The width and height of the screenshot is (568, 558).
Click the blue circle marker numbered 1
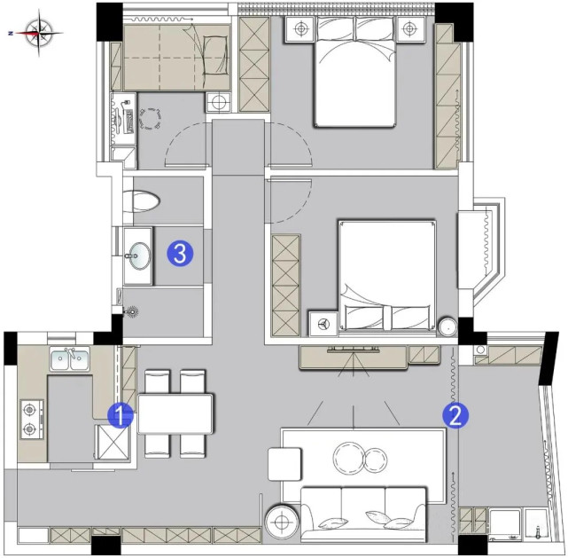121,415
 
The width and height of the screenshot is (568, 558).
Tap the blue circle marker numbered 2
455,415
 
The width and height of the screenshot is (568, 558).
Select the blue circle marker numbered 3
180,254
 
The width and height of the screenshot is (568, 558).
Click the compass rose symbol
39,33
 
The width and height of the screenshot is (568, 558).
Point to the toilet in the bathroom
142,200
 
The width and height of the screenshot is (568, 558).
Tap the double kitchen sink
69,359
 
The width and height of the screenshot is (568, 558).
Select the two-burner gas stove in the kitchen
32,420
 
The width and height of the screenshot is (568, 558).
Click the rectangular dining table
175,413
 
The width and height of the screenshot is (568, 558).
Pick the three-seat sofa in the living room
363,515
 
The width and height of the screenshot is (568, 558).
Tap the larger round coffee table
348,458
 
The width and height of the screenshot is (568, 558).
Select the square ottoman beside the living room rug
284,464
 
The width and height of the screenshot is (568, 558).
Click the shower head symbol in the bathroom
132,311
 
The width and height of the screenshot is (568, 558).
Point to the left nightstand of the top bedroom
301,29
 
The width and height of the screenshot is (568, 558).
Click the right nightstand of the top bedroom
409,29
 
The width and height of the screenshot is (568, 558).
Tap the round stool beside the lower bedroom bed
448,327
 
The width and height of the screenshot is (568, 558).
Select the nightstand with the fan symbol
323,324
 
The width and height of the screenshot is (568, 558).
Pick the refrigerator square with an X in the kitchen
113,443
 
